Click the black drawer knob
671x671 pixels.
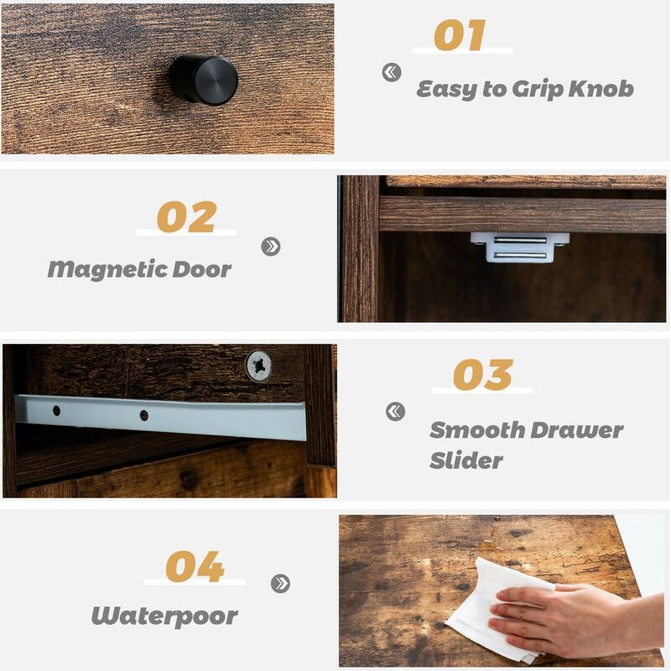(204, 80)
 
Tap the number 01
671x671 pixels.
(460, 35)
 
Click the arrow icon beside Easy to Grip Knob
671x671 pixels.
(392, 73)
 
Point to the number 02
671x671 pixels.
(186, 217)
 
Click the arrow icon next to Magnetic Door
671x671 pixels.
(270, 247)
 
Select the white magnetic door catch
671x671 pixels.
(520, 247)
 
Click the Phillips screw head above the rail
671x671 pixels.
(258, 366)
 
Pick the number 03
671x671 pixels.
(482, 375)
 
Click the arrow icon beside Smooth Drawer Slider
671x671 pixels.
(395, 411)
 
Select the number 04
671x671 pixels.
(195, 567)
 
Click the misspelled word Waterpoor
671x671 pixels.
(164, 616)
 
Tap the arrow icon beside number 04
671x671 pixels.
(280, 583)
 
